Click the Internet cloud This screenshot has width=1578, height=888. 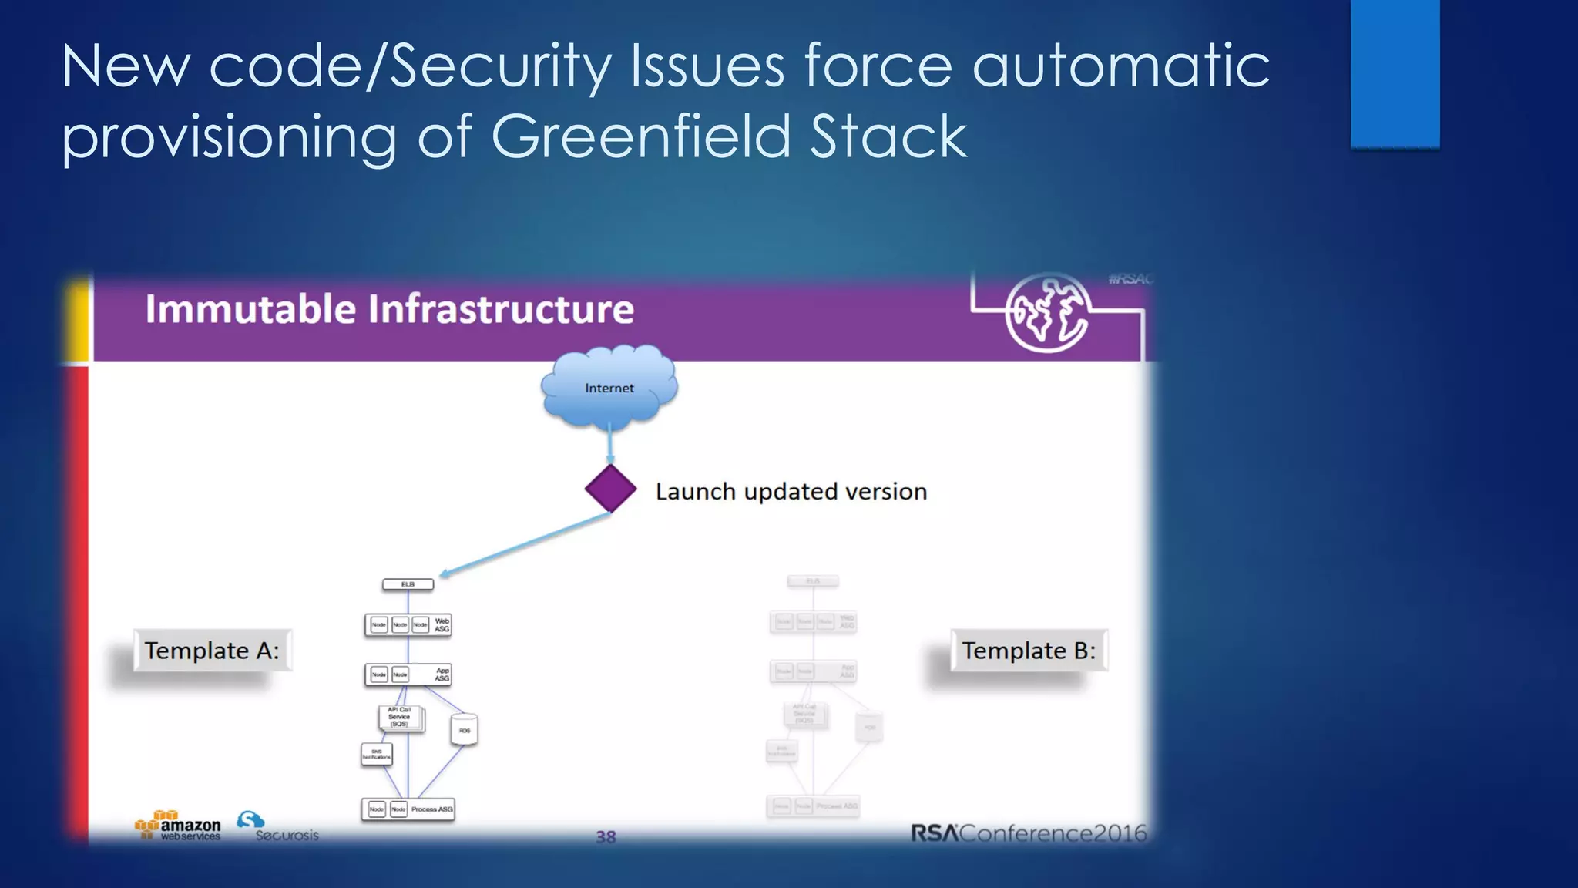(609, 388)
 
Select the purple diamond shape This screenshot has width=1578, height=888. (610, 489)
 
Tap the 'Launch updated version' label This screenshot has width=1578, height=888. (791, 492)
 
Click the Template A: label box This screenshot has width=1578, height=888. (212, 651)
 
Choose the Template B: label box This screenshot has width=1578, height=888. (1028, 651)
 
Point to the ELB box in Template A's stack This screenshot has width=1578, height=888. (408, 584)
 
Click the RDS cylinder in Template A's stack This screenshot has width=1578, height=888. (464, 729)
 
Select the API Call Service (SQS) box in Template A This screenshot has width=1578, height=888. (399, 718)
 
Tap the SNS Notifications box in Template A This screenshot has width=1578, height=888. (377, 754)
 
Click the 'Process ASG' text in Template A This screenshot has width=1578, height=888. (431, 809)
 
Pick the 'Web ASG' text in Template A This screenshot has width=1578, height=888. (442, 624)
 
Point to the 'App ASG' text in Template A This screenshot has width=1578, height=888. (442, 674)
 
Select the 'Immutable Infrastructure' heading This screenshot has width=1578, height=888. (389, 309)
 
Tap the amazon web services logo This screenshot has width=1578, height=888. (178, 826)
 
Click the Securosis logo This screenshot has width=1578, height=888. (277, 827)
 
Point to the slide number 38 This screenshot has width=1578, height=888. (606, 836)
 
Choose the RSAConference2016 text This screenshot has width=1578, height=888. (1028, 833)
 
